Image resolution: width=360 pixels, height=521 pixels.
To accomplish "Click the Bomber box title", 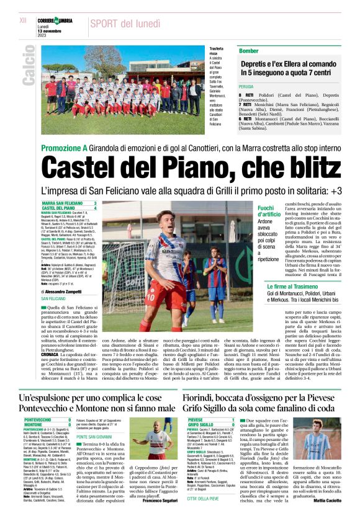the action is coord(249,50).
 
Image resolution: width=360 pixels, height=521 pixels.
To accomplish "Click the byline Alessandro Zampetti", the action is coord(66,290).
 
